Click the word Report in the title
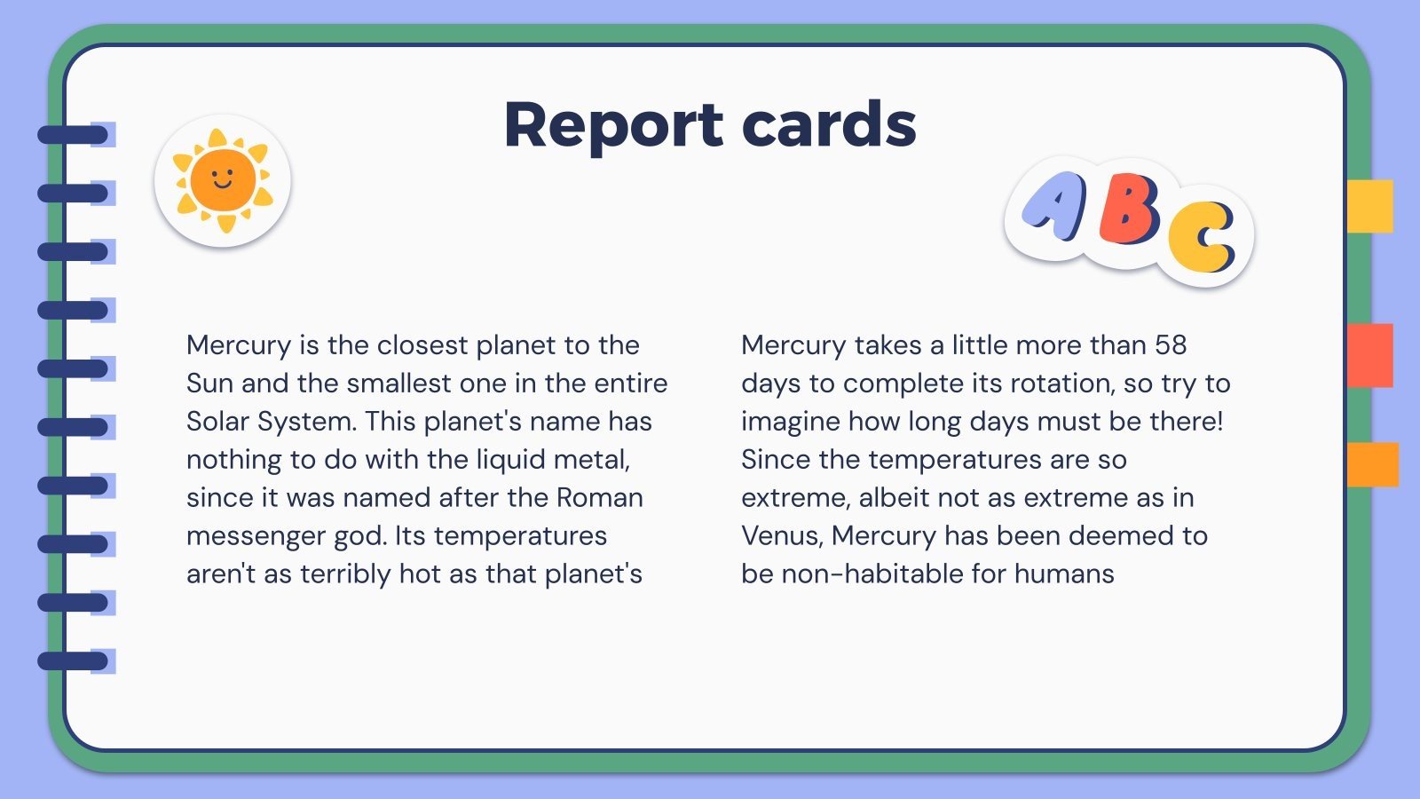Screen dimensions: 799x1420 click(613, 125)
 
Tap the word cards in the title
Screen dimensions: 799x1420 click(829, 125)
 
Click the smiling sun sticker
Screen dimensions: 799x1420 click(223, 180)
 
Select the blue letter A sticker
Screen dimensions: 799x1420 click(1054, 206)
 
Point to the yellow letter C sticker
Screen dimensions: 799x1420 click(1202, 238)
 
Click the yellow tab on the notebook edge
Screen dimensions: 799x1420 click(1369, 206)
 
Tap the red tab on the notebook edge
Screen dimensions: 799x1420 click(1369, 355)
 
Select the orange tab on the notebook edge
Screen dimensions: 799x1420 click(1372, 464)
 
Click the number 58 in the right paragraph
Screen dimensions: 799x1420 click(1171, 344)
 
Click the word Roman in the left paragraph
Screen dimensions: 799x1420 click(599, 497)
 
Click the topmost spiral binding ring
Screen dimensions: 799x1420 click(73, 135)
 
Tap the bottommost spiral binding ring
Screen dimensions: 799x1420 click(73, 661)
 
